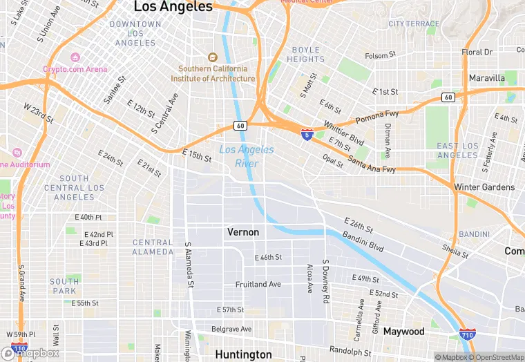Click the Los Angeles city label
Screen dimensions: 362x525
pyautogui.click(x=173, y=7)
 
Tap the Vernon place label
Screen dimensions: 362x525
pyautogui.click(x=243, y=232)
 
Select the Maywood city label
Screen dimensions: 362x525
pyautogui.click(x=403, y=332)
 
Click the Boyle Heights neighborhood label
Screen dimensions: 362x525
pyautogui.click(x=306, y=55)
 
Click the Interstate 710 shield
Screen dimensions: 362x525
pyautogui.click(x=467, y=334)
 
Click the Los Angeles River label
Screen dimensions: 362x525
pyautogui.click(x=247, y=157)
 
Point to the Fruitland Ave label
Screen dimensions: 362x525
pyautogui.click(x=258, y=284)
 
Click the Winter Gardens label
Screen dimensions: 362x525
pyautogui.click(x=484, y=187)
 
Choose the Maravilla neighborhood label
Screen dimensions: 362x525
pyautogui.click(x=487, y=78)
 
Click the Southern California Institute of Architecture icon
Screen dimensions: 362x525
pyautogui.click(x=213, y=57)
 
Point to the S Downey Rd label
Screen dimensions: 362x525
pyautogui.click(x=325, y=282)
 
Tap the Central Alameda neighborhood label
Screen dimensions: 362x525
pyautogui.click(x=153, y=247)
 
